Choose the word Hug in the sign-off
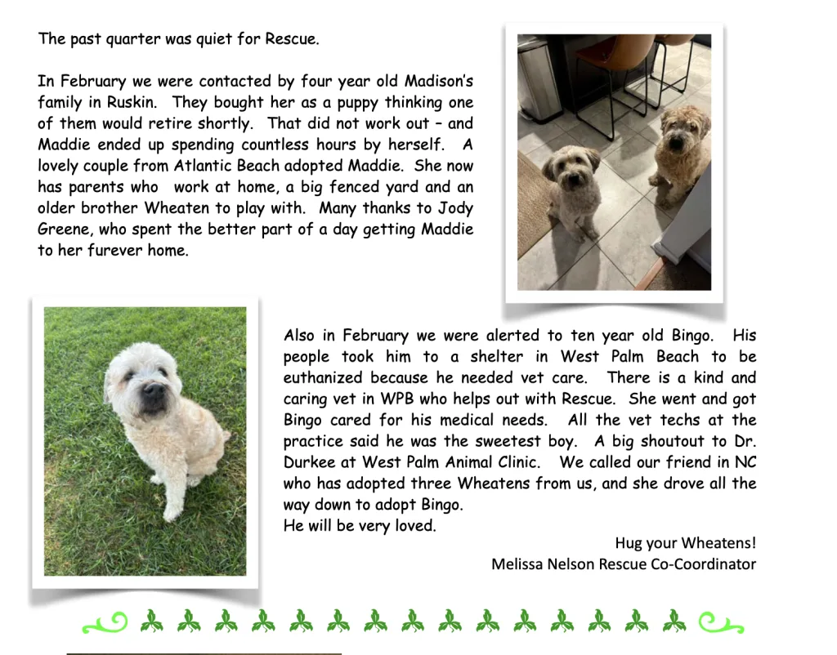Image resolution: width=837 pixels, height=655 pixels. click(x=628, y=543)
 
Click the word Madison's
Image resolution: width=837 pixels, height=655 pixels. click(x=432, y=82)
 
